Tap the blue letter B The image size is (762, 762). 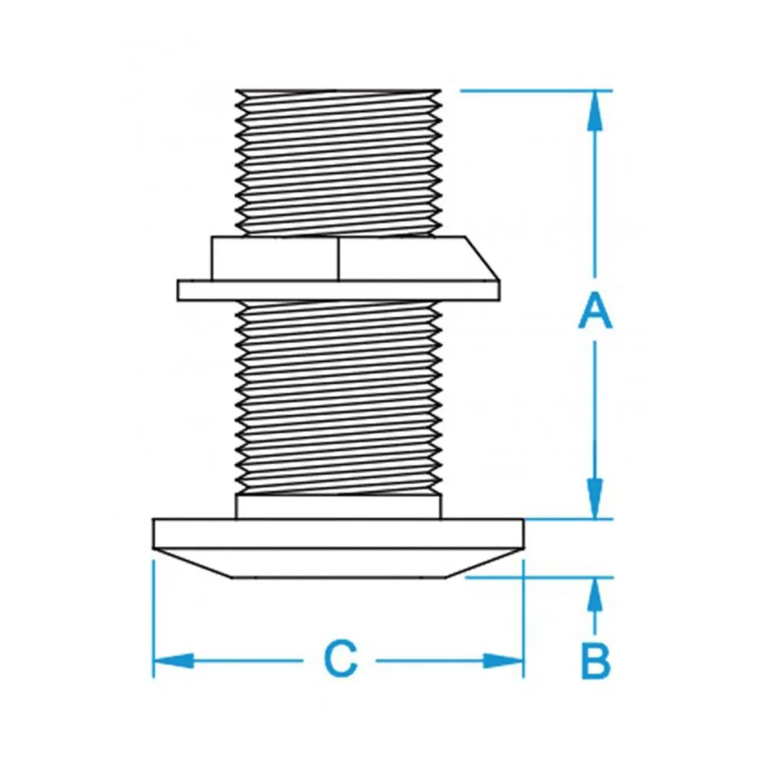click(x=595, y=661)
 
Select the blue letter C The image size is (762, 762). click(x=340, y=660)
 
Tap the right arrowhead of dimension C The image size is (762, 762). click(x=504, y=660)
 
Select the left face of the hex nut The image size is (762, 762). click(x=274, y=258)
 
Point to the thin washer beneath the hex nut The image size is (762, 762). click(x=338, y=290)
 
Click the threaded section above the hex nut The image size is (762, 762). click(x=339, y=160)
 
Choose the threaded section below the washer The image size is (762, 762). click(x=339, y=396)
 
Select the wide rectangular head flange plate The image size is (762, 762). click(x=339, y=533)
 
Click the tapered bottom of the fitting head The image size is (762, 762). click(x=339, y=562)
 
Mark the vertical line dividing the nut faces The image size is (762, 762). click(x=338, y=258)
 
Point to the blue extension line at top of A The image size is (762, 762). click(x=533, y=91)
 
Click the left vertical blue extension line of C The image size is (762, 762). click(x=154, y=617)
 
